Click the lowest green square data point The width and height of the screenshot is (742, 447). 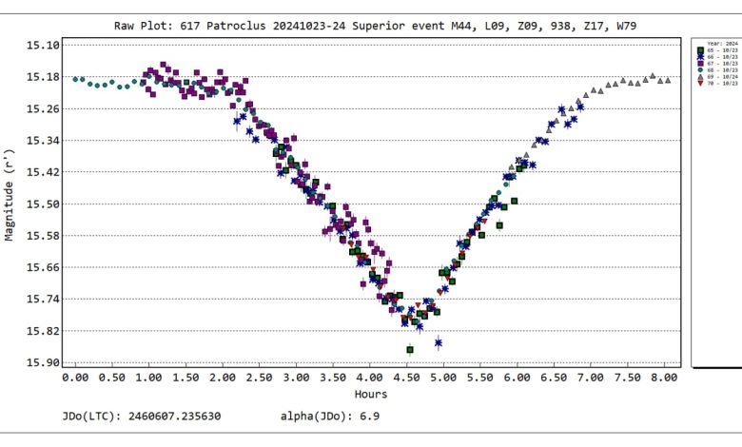pos(410,350)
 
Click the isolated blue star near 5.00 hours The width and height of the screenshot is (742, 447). pos(439,342)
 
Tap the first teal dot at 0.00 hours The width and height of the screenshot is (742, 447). pos(75,79)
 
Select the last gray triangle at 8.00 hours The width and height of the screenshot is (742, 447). pos(668,81)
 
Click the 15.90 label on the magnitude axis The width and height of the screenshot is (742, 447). pos(40,363)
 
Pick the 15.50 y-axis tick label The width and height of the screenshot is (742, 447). pos(40,204)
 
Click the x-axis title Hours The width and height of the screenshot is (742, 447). pos(370,394)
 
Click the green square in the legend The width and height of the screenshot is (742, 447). pos(701,49)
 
